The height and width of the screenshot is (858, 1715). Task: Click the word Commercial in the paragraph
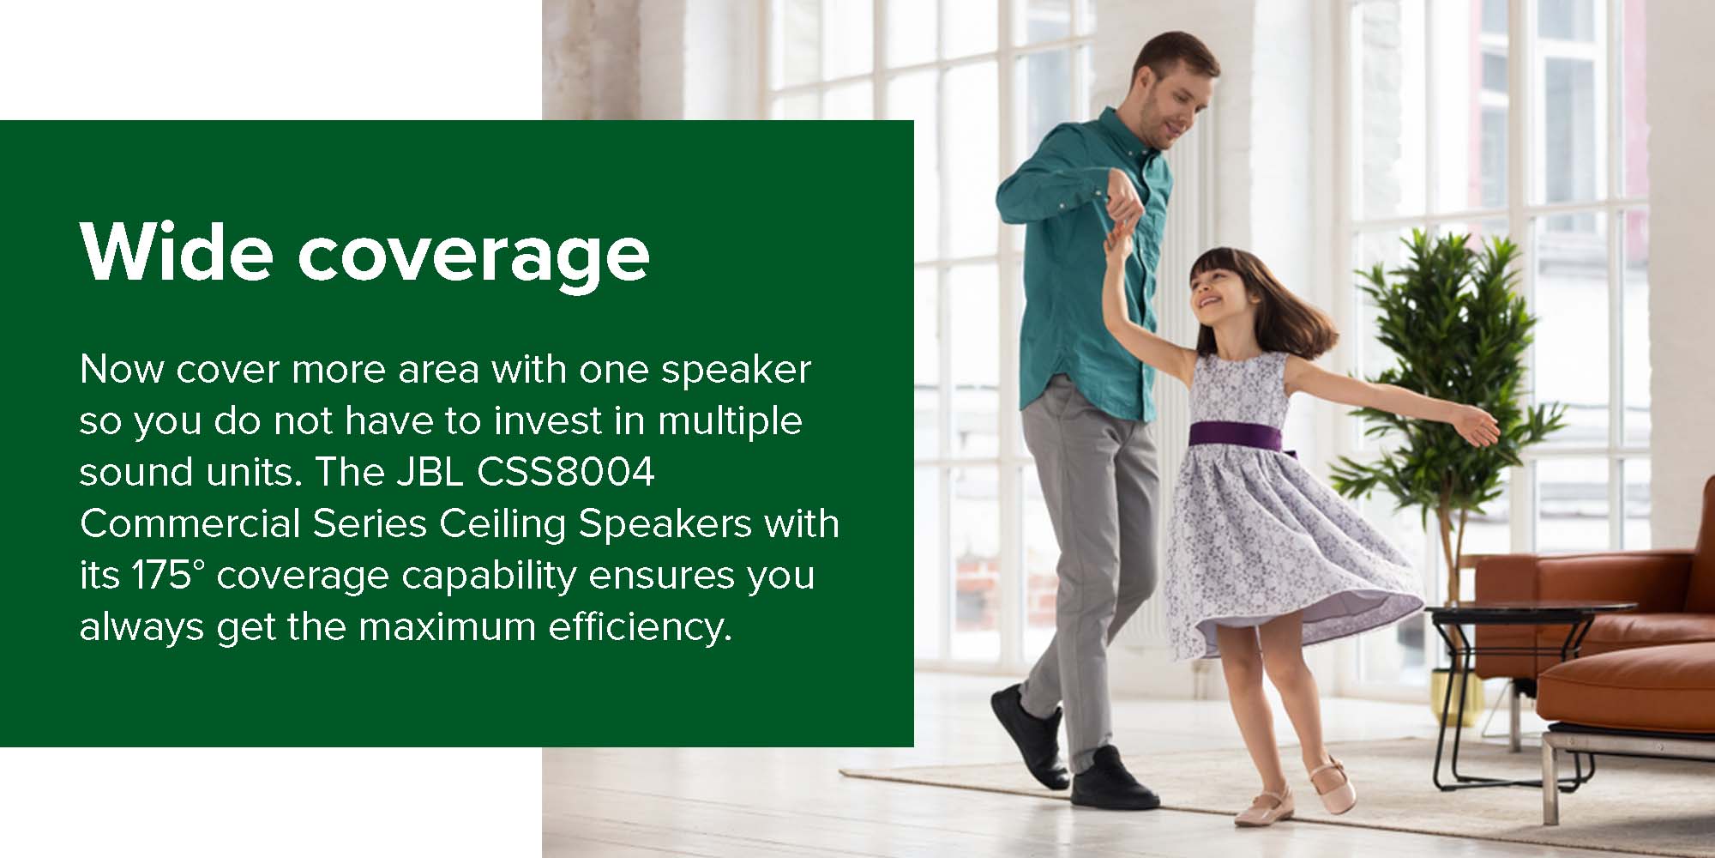pos(190,524)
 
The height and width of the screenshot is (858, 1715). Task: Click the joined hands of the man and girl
pos(1118,228)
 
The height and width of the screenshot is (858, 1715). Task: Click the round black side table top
pos(1531,611)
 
